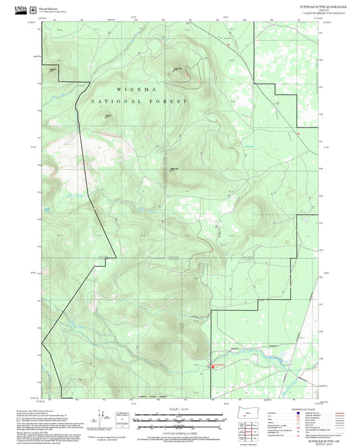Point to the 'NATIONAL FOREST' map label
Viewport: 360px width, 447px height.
click(139, 101)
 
